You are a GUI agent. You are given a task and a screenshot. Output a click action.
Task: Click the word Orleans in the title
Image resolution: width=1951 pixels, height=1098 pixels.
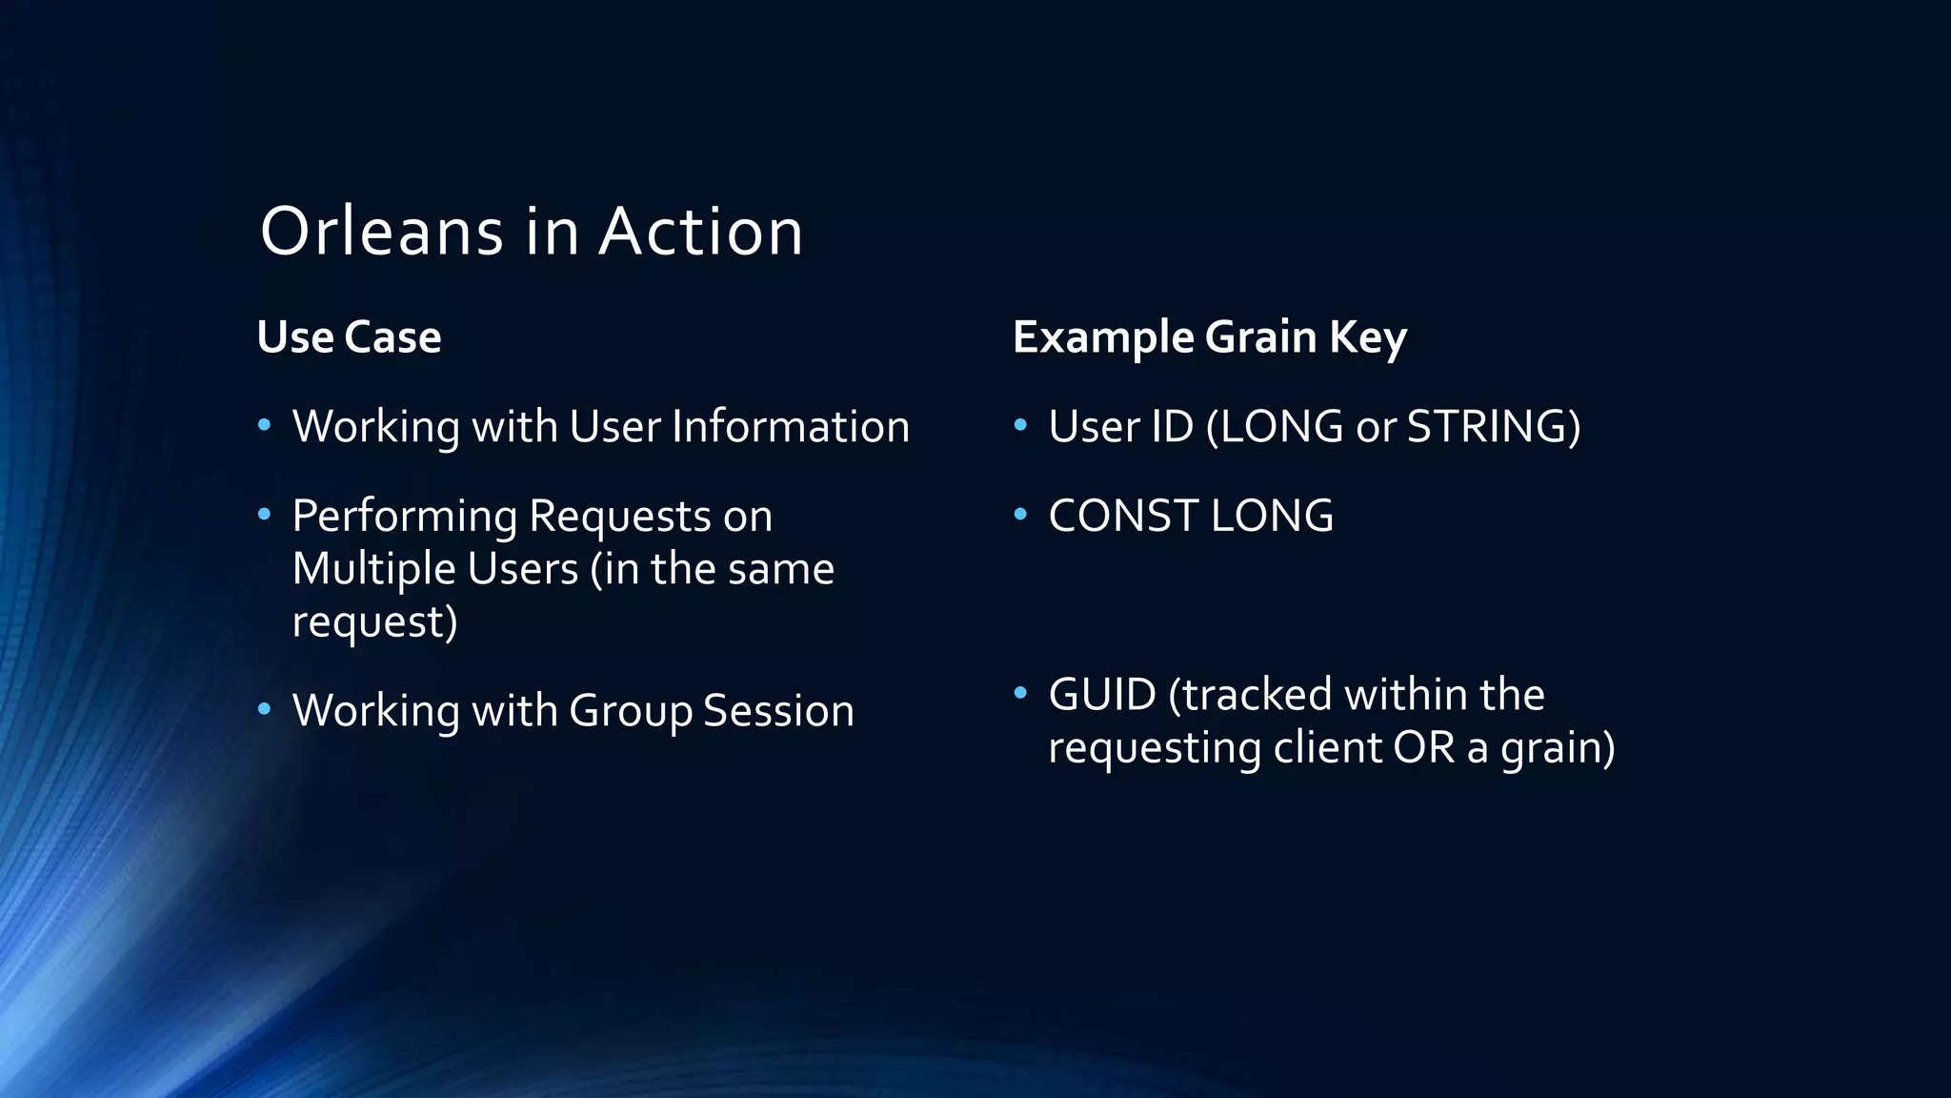(x=381, y=232)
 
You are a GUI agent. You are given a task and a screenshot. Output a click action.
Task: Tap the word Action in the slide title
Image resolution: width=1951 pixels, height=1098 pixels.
(x=701, y=232)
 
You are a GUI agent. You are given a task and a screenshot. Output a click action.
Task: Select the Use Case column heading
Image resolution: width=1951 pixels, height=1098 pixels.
(x=349, y=337)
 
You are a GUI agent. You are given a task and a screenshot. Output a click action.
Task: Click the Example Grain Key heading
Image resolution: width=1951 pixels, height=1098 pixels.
(x=1209, y=337)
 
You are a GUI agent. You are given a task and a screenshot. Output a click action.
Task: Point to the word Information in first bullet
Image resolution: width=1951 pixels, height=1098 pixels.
(x=790, y=426)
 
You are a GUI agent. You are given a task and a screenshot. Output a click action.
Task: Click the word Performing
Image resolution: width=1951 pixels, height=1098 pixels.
(x=404, y=517)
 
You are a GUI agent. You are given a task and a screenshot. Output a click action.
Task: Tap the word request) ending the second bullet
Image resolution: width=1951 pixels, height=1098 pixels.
(x=374, y=622)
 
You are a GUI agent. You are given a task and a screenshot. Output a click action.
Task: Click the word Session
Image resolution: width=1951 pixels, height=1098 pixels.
(x=778, y=711)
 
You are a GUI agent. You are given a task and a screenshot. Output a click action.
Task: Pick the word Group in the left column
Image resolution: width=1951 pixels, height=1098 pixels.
(x=630, y=711)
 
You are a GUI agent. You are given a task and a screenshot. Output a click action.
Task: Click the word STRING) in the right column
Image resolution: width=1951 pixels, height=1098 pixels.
(x=1493, y=426)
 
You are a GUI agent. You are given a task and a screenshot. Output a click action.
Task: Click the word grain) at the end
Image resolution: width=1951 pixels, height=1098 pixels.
(x=1558, y=748)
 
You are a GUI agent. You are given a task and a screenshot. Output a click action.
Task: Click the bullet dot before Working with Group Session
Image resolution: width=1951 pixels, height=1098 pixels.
(x=265, y=709)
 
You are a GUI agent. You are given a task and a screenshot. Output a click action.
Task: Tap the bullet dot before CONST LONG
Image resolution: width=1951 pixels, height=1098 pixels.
(x=1020, y=515)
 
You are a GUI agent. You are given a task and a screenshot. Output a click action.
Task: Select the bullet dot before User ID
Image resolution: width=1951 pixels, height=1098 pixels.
(x=1020, y=424)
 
